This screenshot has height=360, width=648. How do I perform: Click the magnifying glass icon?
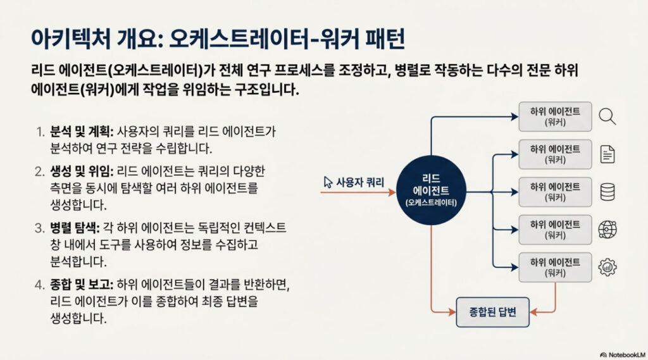pyautogui.click(x=607, y=116)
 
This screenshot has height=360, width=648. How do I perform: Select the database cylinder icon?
pyautogui.click(x=607, y=192)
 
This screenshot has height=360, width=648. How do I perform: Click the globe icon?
pyautogui.click(x=607, y=229)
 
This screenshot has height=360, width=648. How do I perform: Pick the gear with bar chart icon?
pyautogui.click(x=607, y=266)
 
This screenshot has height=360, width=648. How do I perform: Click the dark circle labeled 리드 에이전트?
pyautogui.click(x=431, y=187)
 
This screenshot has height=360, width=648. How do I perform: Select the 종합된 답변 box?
pyautogui.click(x=494, y=312)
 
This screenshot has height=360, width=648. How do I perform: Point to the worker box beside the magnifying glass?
pyautogui.click(x=556, y=116)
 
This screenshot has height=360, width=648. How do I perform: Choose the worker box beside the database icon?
pyautogui.click(x=556, y=192)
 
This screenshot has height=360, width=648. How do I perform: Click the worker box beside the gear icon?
pyautogui.click(x=556, y=266)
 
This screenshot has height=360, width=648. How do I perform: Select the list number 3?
pyautogui.click(x=39, y=227)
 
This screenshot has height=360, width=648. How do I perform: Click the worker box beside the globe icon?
pyautogui.click(x=556, y=229)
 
